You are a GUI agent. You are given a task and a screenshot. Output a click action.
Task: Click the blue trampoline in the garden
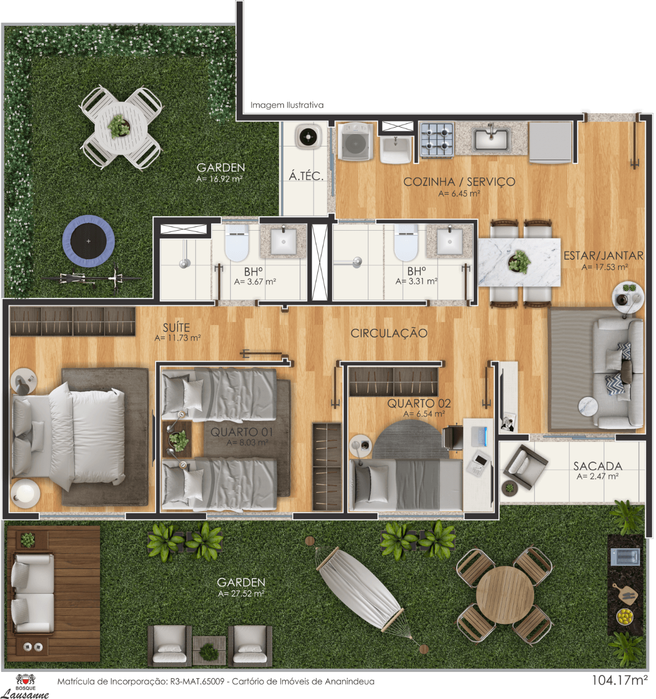[88, 241]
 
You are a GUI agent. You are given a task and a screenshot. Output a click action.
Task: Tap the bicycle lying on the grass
[91, 279]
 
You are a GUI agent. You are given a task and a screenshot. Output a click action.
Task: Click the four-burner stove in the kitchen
[436, 139]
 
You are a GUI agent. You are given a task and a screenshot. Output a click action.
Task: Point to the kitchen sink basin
[491, 139]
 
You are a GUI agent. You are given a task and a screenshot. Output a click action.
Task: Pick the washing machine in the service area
[355, 141]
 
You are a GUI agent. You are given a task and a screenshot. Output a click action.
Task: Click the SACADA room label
[598, 466]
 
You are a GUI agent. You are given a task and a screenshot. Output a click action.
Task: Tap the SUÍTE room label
[176, 328]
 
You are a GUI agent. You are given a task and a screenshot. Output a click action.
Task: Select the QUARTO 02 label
[419, 404]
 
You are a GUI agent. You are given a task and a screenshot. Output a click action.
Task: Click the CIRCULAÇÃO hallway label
[389, 333]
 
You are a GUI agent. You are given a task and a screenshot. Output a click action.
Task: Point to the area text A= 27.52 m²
[241, 593]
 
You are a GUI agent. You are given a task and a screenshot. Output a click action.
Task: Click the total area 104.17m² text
[620, 680]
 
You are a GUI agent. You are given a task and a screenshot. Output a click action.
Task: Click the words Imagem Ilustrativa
[287, 105]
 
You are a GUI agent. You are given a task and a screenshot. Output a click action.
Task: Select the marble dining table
[519, 262]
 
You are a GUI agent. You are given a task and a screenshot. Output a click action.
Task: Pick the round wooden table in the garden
[504, 595]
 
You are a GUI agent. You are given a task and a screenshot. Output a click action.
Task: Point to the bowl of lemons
[625, 616]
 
